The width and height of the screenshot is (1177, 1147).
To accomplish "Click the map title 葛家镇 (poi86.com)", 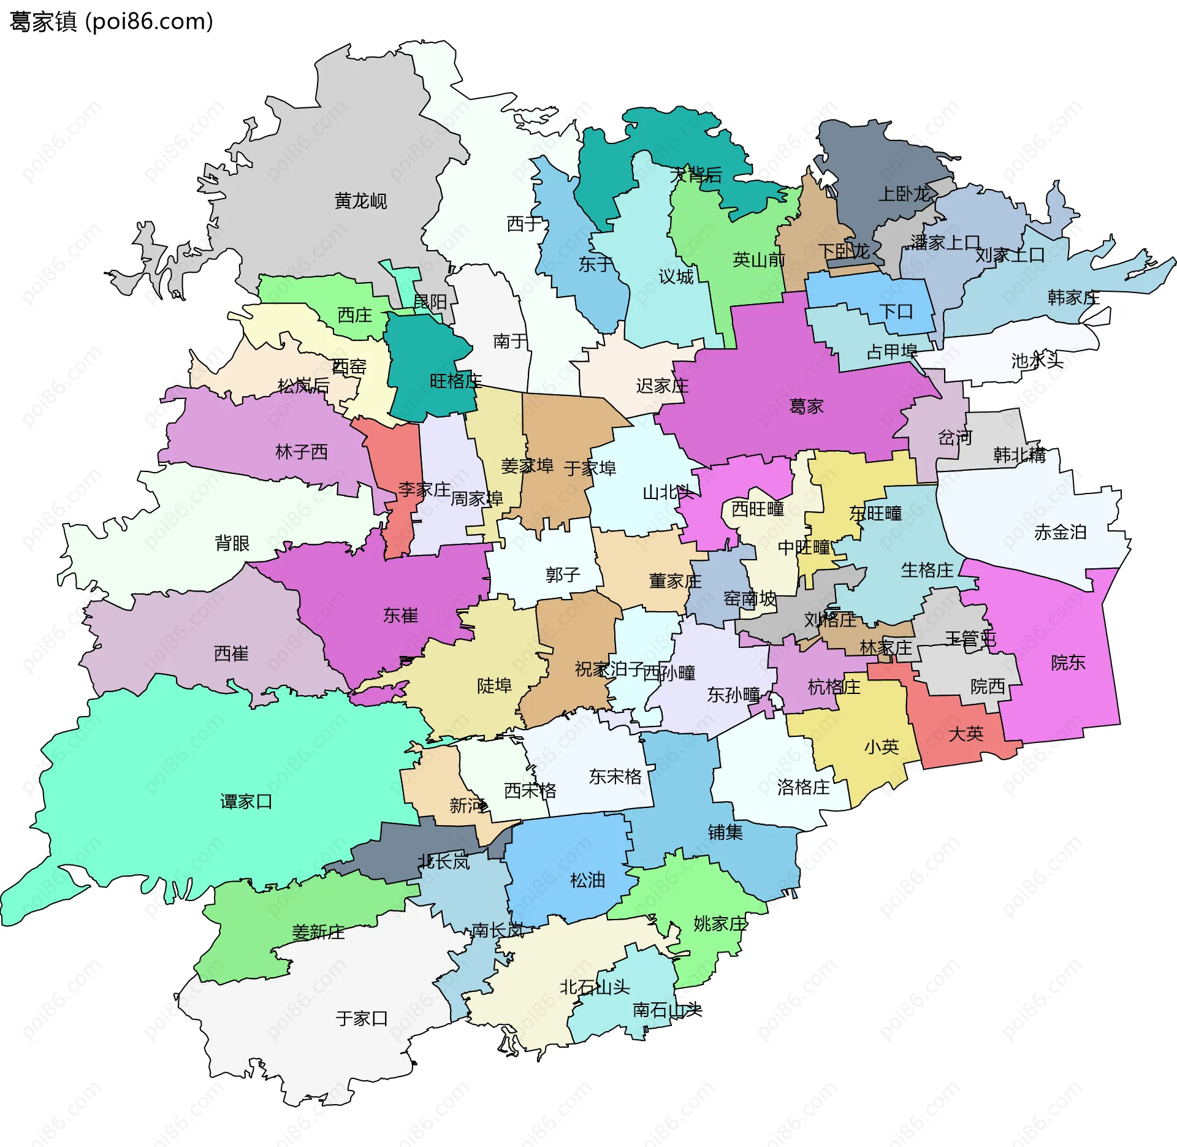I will (x=112, y=22).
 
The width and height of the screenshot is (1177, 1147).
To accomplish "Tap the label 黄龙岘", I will (x=360, y=201).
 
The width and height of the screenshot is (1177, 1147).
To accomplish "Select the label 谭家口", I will (x=246, y=802).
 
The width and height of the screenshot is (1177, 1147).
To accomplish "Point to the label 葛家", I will (x=806, y=406).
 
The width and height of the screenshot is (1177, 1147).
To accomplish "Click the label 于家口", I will (x=362, y=1019).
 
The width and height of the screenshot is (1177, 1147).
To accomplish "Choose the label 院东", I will (x=1068, y=663).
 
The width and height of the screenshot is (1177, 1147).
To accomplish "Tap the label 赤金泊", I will (x=1060, y=532).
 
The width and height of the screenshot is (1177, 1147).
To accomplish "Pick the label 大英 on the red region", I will (x=966, y=734).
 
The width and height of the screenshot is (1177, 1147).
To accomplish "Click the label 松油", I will (x=587, y=880).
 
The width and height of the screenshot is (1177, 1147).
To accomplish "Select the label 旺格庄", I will (x=455, y=381).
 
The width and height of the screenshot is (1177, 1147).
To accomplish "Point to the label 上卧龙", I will (x=904, y=194).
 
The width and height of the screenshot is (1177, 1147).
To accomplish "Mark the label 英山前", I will (x=759, y=260).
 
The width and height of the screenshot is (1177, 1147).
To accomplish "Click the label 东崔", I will (x=400, y=615).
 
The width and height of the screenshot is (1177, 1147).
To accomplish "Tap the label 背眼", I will (x=232, y=543).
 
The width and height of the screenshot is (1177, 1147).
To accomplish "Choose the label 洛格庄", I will (x=803, y=787).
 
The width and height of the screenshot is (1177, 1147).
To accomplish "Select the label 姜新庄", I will (x=318, y=932).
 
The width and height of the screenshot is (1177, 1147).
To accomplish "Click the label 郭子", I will (x=562, y=575).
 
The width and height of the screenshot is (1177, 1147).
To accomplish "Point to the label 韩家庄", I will (x=1073, y=298).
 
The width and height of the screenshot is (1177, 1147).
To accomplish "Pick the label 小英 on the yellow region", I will (x=882, y=747).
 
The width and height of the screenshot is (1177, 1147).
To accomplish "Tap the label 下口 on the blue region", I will (x=896, y=311).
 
